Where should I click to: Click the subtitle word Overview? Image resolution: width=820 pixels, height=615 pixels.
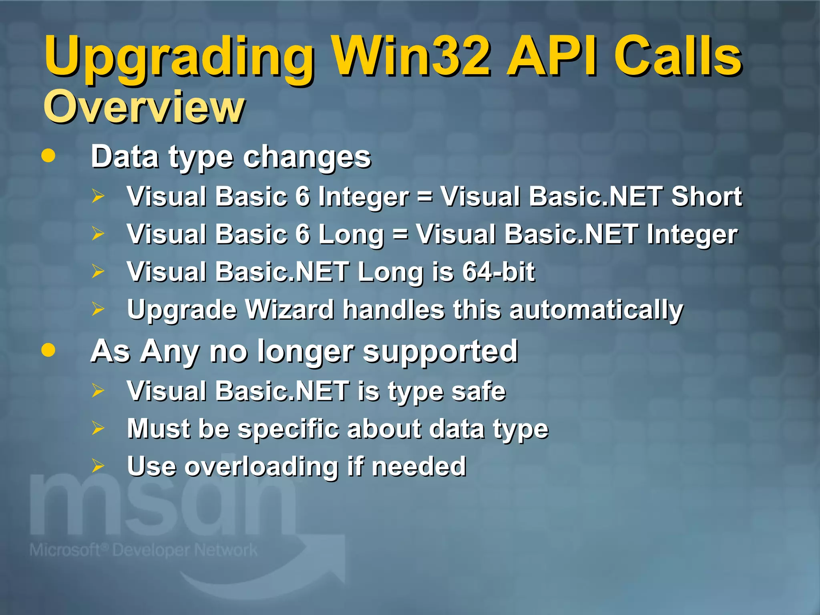pyautogui.click(x=144, y=107)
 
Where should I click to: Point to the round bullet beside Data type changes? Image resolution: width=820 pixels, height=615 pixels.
pyautogui.click(x=48, y=156)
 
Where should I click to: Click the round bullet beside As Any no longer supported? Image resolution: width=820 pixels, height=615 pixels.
pyautogui.click(x=48, y=350)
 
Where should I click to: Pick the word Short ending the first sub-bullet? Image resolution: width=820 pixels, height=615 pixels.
pyautogui.click(x=707, y=196)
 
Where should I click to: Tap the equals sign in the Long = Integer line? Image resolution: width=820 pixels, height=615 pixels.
pyautogui.click(x=400, y=234)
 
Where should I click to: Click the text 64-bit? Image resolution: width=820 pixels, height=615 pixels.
pyautogui.click(x=498, y=271)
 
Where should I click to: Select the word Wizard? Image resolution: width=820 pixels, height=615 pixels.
pyautogui.click(x=289, y=310)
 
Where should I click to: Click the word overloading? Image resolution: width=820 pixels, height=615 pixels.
pyautogui.click(x=261, y=466)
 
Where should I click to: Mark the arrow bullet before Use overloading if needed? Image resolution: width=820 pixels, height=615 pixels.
pyautogui.click(x=98, y=466)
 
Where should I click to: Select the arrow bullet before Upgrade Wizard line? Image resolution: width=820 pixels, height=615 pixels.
pyautogui.click(x=98, y=309)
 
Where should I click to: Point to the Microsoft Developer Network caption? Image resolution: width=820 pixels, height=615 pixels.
pyautogui.click(x=143, y=550)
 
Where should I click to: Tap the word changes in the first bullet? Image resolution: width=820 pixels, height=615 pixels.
pyautogui.click(x=307, y=157)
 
